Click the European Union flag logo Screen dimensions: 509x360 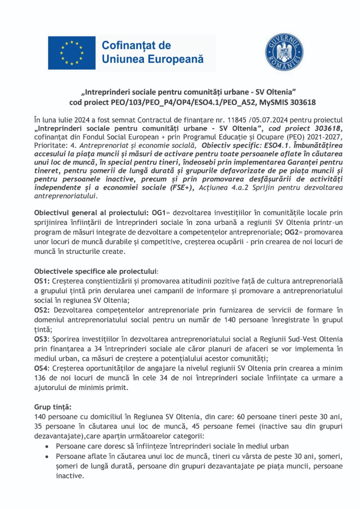click(72, 53)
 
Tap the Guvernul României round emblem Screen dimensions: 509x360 click(284, 52)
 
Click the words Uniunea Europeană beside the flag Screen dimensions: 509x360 click(152, 59)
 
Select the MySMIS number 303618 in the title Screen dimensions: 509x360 click(303, 102)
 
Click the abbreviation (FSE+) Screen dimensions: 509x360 click(182, 188)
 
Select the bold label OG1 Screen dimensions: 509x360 click(159, 213)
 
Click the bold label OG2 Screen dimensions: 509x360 click(291, 232)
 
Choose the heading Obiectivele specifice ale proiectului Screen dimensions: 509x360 click(95, 271)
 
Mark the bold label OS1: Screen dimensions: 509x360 click(42, 281)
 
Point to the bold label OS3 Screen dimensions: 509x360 click(41, 339)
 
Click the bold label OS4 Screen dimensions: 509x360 click(41, 368)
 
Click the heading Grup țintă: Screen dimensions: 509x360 click(53, 407)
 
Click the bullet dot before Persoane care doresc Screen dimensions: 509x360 click(47, 447)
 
